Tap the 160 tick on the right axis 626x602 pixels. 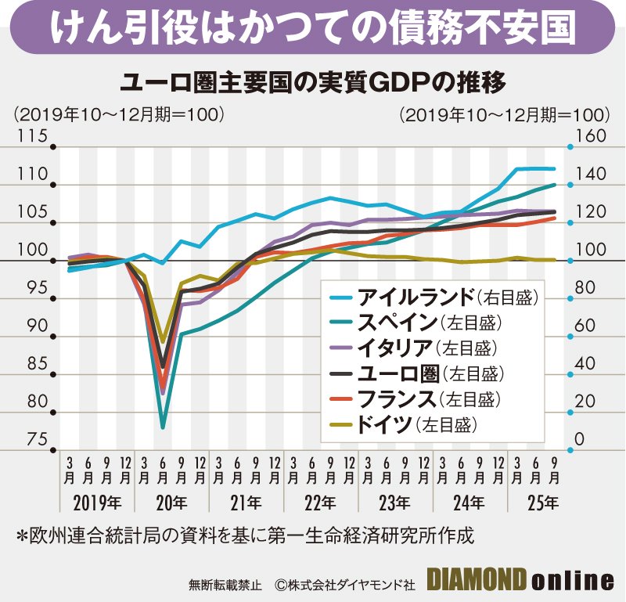coord(592,136)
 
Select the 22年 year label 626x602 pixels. coord(317,502)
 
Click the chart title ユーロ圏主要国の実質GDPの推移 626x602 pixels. coord(312,81)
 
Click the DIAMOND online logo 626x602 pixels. coord(520,580)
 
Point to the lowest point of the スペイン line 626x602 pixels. coord(163,427)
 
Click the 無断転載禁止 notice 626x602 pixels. coord(222,583)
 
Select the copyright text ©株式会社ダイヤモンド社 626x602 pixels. coord(344,583)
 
